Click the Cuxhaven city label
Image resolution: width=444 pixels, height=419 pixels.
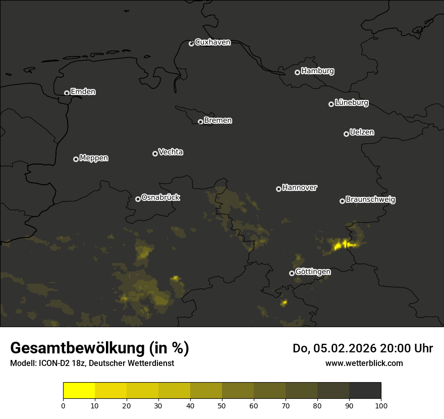point(212,42)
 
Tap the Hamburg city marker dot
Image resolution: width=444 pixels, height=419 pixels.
point(297,72)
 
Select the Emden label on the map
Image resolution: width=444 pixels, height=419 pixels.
point(83,92)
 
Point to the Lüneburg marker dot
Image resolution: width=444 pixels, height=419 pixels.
point(331,104)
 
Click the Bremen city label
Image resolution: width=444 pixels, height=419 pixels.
point(218,121)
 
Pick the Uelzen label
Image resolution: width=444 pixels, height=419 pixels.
point(362,132)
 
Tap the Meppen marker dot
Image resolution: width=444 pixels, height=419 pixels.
point(76,159)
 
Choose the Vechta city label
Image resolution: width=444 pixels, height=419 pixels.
point(171,152)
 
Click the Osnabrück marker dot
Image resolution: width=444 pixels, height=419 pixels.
point(138,199)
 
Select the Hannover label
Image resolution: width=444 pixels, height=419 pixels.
point(300,188)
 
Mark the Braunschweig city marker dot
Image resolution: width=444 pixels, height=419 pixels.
point(342,201)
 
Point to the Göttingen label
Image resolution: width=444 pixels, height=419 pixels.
point(313,272)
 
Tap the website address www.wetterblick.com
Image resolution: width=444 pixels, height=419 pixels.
point(364,363)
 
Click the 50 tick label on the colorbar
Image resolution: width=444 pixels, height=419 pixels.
point(222,405)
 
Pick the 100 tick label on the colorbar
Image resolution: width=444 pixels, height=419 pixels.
point(381,405)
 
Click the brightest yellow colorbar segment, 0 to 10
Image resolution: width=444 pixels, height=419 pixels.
point(79,390)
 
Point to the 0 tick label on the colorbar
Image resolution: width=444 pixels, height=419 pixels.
point(63,405)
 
